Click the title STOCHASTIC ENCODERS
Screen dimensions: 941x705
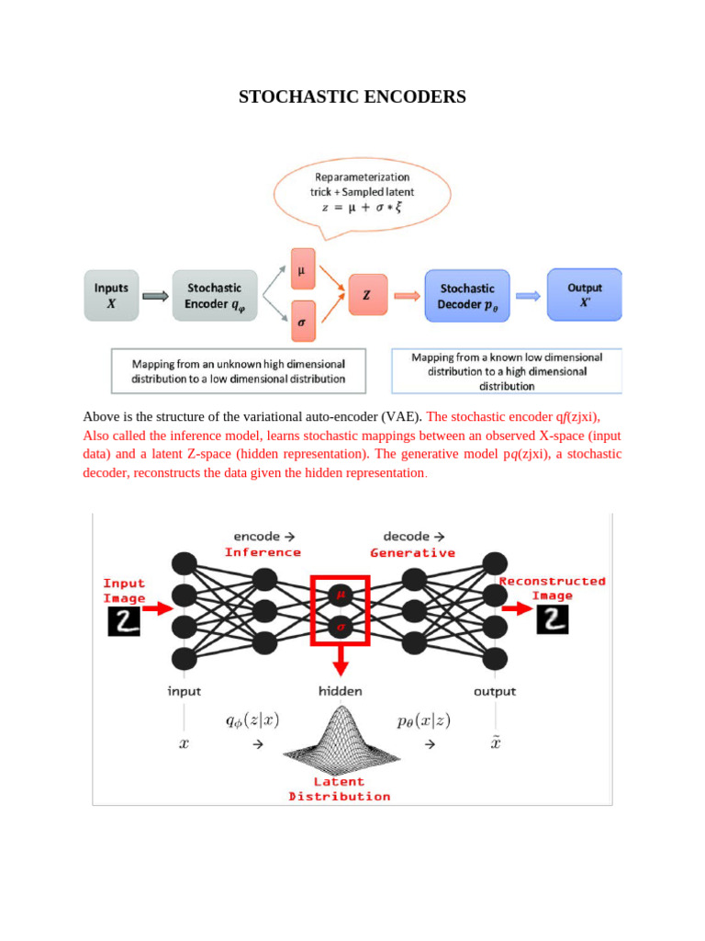(x=352, y=96)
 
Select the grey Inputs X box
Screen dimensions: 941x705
(x=112, y=295)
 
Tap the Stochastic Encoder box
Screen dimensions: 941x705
(x=214, y=295)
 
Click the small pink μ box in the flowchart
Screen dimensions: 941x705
(x=302, y=270)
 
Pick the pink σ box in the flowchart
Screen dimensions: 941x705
(x=302, y=322)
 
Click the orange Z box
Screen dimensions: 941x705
(x=367, y=295)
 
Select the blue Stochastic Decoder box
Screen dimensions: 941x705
(x=466, y=295)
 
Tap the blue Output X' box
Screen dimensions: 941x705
(x=585, y=294)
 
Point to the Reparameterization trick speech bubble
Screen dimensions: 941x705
(x=363, y=192)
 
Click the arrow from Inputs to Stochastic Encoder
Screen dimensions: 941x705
(x=156, y=296)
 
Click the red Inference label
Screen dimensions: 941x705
(x=263, y=552)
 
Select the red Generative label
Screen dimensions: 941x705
(x=412, y=552)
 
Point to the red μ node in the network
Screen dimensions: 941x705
(x=341, y=595)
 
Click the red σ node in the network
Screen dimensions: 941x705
(x=341, y=628)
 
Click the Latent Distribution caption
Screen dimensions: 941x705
(x=340, y=788)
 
